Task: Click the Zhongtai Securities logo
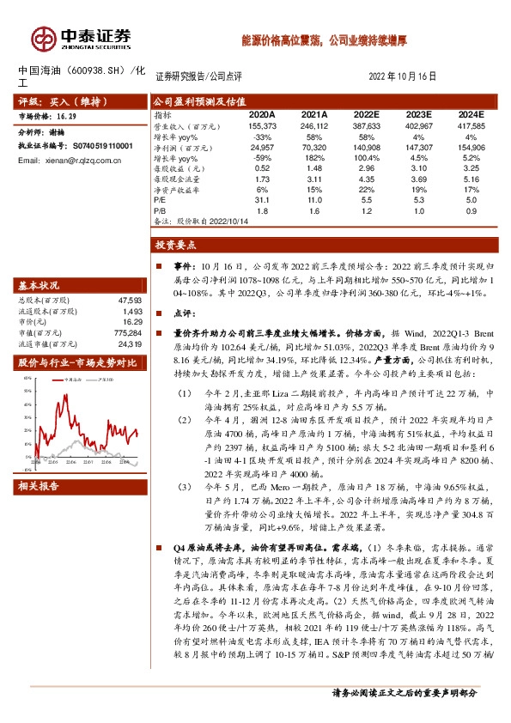81,38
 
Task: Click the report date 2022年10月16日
408,76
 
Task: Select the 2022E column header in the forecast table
367,113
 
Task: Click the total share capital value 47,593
128,301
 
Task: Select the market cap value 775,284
126,332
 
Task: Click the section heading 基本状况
40,286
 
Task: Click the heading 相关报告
40,486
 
